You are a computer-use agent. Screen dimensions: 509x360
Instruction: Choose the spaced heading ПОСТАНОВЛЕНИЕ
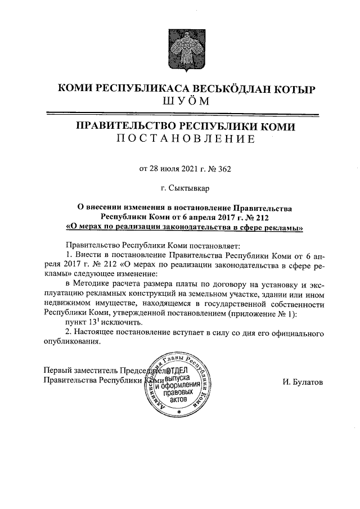pyautogui.click(x=185, y=139)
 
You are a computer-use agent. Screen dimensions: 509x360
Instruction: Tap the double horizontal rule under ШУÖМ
pyautogui.click(x=185, y=113)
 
